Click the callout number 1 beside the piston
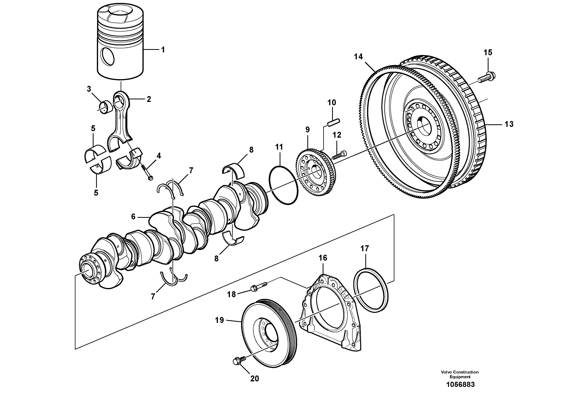point(163,50)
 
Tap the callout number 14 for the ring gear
point(358,57)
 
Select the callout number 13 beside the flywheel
point(509,124)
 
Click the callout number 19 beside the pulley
point(219,320)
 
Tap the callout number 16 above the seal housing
point(323,258)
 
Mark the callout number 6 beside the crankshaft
point(133,217)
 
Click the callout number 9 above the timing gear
point(308,130)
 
